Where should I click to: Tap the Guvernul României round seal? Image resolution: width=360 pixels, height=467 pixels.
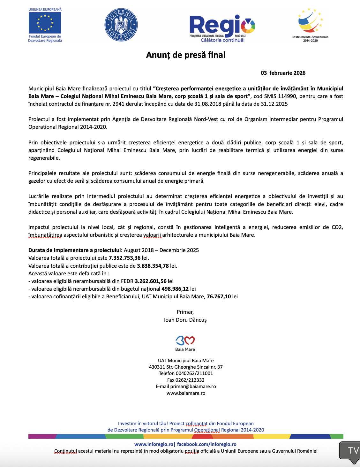(x=121, y=25)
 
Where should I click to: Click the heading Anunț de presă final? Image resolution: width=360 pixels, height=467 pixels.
(x=186, y=55)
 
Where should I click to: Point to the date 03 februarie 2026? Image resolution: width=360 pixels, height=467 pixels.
(x=283, y=73)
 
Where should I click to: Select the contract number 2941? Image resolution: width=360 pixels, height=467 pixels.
(x=118, y=104)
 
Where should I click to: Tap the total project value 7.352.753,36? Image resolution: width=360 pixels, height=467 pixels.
(x=124, y=258)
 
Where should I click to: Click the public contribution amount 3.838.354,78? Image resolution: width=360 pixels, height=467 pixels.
(x=153, y=266)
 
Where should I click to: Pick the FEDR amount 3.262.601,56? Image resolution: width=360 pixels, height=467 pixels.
(x=151, y=281)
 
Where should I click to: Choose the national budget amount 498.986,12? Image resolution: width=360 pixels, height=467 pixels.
(x=175, y=289)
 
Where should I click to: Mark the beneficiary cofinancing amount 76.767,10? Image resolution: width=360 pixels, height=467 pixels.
(x=219, y=296)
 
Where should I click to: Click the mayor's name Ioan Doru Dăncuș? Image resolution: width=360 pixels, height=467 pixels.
(x=185, y=320)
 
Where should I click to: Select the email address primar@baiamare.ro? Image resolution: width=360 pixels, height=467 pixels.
(x=193, y=387)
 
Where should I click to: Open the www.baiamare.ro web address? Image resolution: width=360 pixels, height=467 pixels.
(x=186, y=393)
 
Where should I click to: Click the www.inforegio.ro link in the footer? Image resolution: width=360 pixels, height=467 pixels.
(x=154, y=444)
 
